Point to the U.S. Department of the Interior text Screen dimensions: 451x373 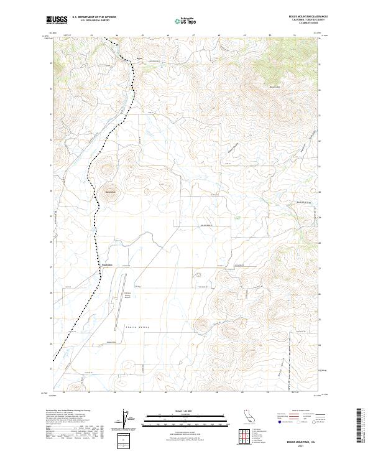click(x=94, y=17)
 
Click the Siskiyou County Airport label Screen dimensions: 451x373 click(x=129, y=292)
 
